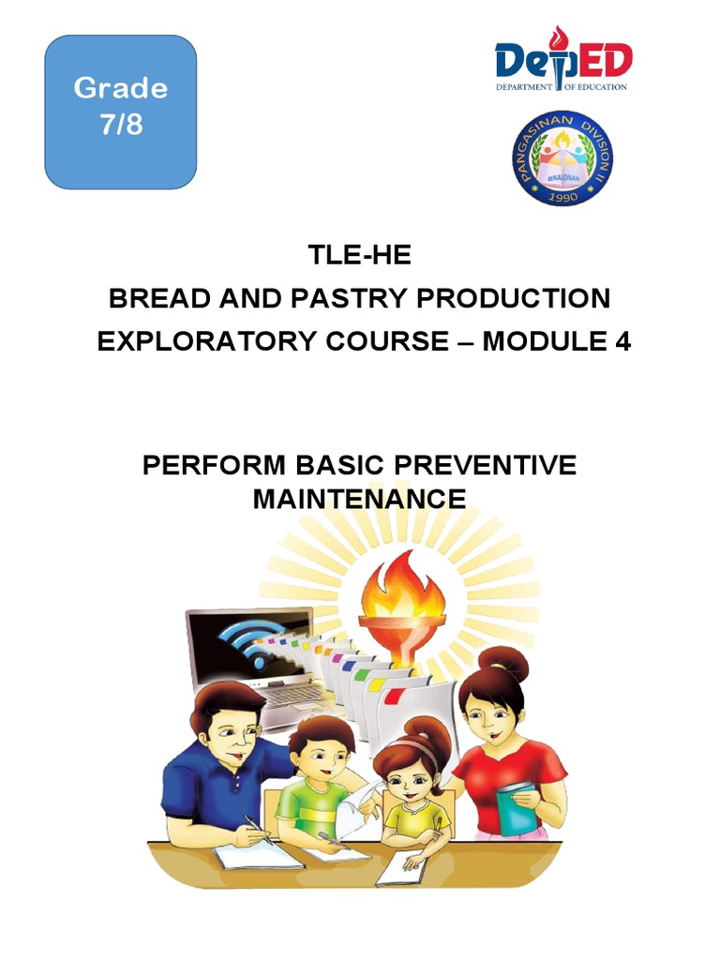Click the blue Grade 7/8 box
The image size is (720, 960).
point(121,112)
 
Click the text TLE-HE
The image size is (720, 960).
point(360,256)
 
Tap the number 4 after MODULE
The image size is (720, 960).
point(622,342)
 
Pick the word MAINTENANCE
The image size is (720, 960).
point(360,499)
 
